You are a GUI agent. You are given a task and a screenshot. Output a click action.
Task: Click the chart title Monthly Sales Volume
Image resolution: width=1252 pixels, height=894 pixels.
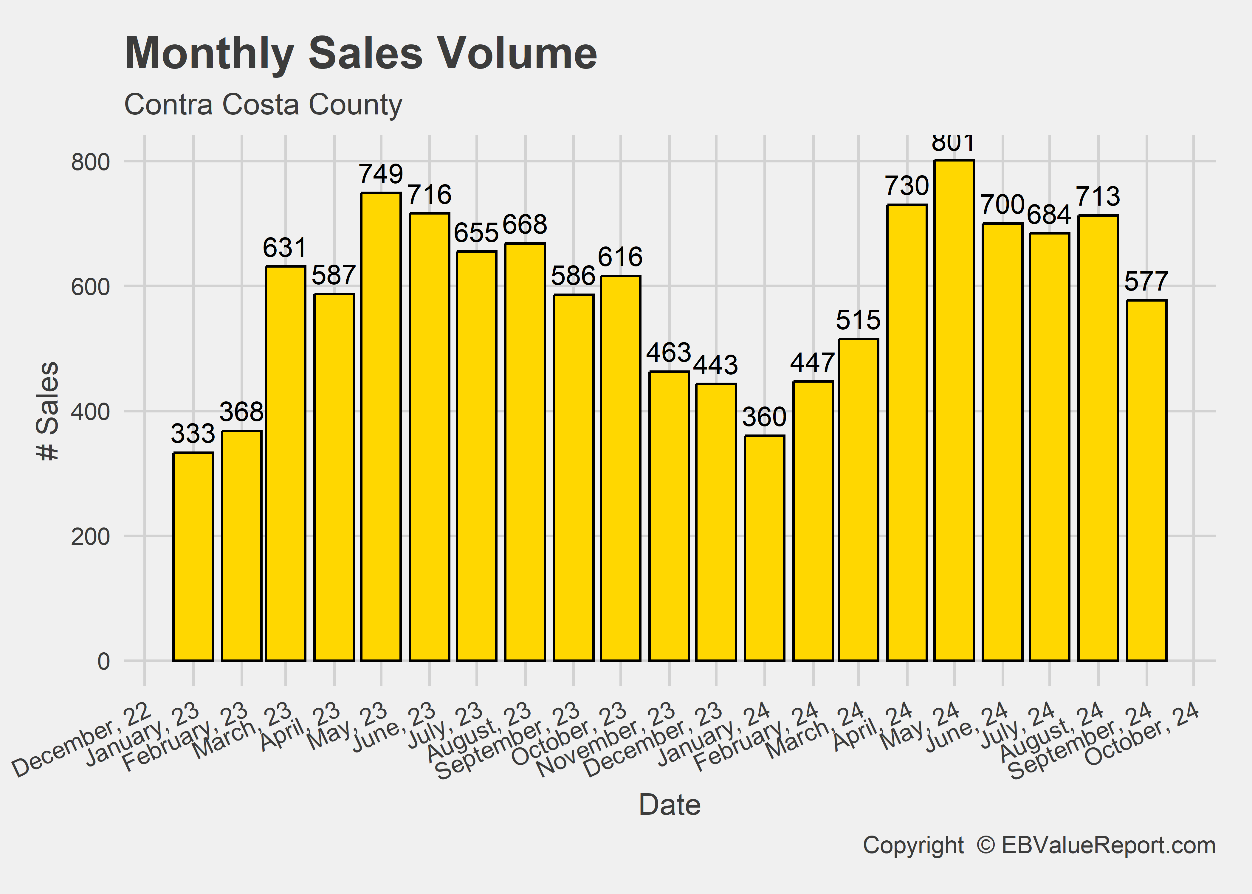coord(361,53)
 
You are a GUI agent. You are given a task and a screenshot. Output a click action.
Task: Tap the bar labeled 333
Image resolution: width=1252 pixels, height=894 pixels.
coord(193,556)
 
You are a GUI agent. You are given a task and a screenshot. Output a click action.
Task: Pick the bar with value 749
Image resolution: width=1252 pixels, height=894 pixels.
coord(381,427)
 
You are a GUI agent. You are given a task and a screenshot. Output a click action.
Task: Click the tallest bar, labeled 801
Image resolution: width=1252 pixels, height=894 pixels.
coord(954,410)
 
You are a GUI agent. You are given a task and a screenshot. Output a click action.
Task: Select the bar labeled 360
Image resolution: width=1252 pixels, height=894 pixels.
coord(764,548)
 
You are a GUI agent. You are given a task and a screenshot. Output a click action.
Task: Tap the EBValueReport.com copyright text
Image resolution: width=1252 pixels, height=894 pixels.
coord(1039,845)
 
